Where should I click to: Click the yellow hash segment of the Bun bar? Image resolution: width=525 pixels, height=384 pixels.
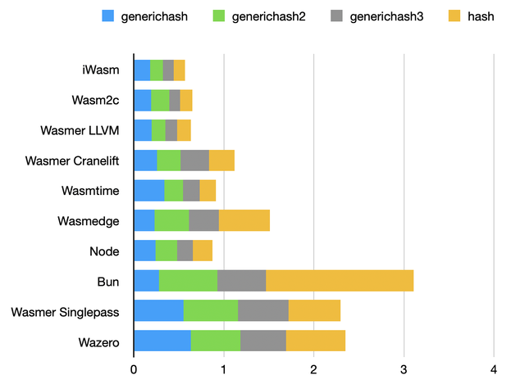click(x=340, y=281)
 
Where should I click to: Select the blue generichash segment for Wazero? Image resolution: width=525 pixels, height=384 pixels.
click(x=162, y=341)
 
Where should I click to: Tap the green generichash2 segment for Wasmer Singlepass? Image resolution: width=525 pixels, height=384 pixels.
click(x=211, y=310)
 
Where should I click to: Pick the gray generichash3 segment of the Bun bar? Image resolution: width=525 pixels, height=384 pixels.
click(x=242, y=281)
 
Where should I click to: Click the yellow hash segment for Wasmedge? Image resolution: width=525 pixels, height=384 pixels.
click(x=244, y=220)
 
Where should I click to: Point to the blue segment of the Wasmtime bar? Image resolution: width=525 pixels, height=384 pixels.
click(x=149, y=190)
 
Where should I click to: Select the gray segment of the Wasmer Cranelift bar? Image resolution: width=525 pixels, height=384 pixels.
click(x=195, y=160)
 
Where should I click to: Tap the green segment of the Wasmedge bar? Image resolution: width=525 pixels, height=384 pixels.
click(x=171, y=220)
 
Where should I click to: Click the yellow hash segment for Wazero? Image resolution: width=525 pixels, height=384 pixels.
click(x=316, y=341)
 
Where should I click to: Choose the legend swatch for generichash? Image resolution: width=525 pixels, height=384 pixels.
click(x=108, y=16)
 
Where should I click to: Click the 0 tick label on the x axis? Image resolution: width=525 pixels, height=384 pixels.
click(x=134, y=368)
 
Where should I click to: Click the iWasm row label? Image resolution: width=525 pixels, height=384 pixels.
click(x=102, y=70)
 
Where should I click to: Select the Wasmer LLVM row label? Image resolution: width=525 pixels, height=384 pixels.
click(x=80, y=130)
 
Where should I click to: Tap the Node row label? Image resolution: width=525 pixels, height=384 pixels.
click(x=104, y=251)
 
